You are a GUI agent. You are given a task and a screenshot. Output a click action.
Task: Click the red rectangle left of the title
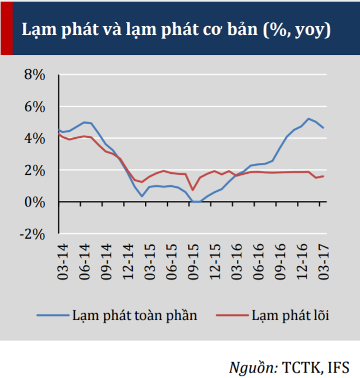[6, 27]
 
